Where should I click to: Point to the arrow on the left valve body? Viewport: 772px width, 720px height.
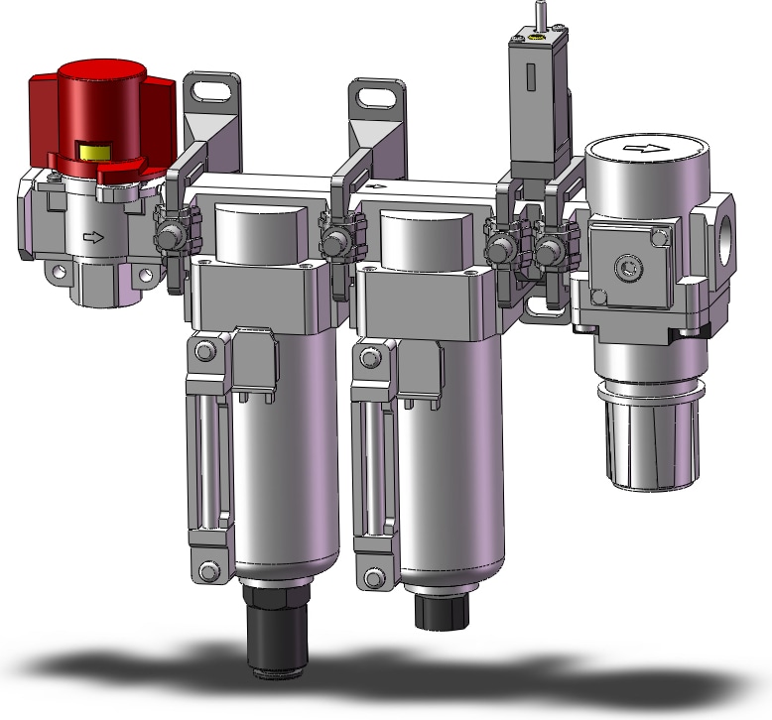92,237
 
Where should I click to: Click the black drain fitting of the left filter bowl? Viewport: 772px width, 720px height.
276,631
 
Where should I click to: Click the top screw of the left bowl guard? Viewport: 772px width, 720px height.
204,351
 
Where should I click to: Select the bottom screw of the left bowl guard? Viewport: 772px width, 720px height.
207,570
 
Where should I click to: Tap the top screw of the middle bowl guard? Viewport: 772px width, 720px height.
370,355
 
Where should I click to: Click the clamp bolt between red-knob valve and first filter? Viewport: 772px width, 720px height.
170,238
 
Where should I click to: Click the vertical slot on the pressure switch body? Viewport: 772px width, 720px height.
530,76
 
